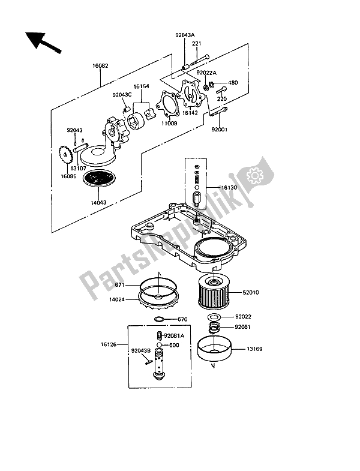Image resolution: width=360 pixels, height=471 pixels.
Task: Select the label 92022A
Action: [206, 73]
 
